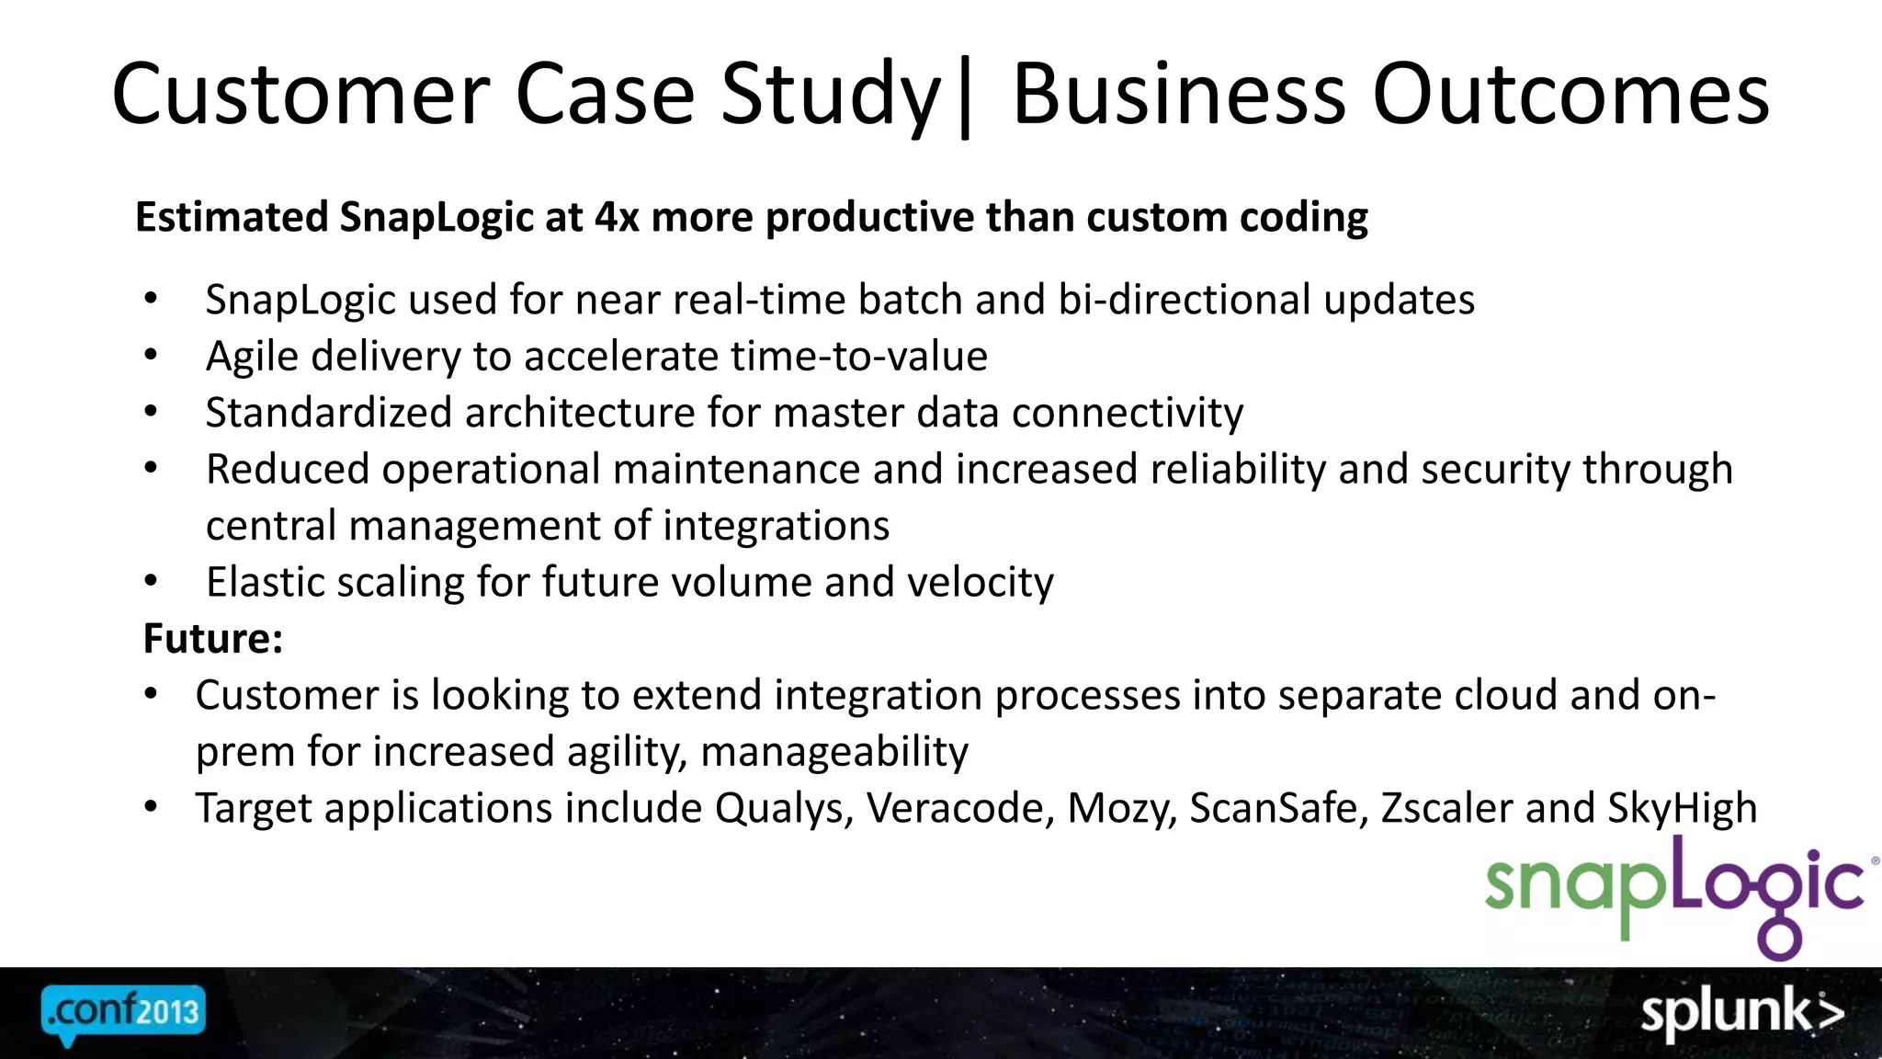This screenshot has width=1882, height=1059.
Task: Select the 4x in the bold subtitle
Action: [x=617, y=218]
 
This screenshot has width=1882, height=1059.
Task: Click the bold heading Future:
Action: [x=213, y=639]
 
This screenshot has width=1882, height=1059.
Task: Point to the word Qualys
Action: [x=784, y=809]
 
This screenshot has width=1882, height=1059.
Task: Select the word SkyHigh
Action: [x=1682, y=809]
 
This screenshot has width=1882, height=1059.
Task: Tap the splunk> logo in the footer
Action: [x=1740, y=1013]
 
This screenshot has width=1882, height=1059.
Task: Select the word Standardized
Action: [x=329, y=413]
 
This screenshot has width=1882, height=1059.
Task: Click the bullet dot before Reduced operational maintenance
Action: [x=152, y=468]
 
